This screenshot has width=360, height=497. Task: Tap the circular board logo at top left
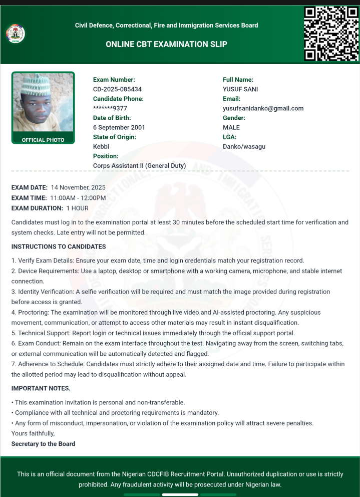[x=15, y=34]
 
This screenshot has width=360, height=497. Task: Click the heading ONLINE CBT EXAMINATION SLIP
[x=166, y=44]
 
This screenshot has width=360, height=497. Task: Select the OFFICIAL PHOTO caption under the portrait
[x=43, y=140]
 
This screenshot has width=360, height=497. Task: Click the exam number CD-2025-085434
[x=117, y=89]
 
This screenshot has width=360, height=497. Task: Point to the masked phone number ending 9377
[x=110, y=108]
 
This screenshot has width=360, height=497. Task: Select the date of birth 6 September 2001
[x=119, y=127]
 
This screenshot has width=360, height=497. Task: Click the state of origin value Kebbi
[x=101, y=146]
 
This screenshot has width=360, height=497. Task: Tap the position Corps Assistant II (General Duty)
[x=139, y=165]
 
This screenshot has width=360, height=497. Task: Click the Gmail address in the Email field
[x=263, y=108]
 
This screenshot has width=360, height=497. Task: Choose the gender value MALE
[x=231, y=127]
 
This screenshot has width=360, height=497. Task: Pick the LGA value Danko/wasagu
[x=244, y=146]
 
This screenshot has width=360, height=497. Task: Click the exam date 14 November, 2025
[x=78, y=187]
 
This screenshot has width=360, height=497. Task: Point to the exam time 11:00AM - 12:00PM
[x=78, y=198]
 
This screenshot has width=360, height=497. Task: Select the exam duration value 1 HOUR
[x=77, y=208]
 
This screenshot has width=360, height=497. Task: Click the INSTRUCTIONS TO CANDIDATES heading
[x=59, y=246]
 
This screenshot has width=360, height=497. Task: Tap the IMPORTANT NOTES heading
[x=41, y=388]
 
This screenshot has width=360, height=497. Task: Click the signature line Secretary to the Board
[x=43, y=443]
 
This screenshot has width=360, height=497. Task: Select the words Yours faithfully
[x=33, y=433]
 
